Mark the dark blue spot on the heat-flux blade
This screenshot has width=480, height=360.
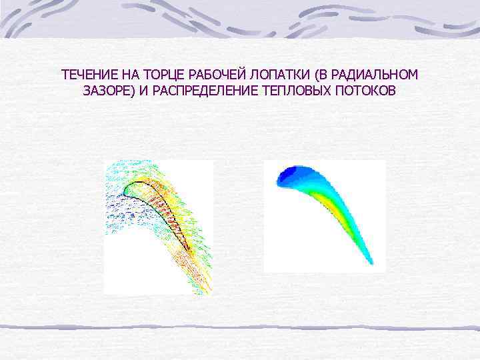[x=288, y=175]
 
